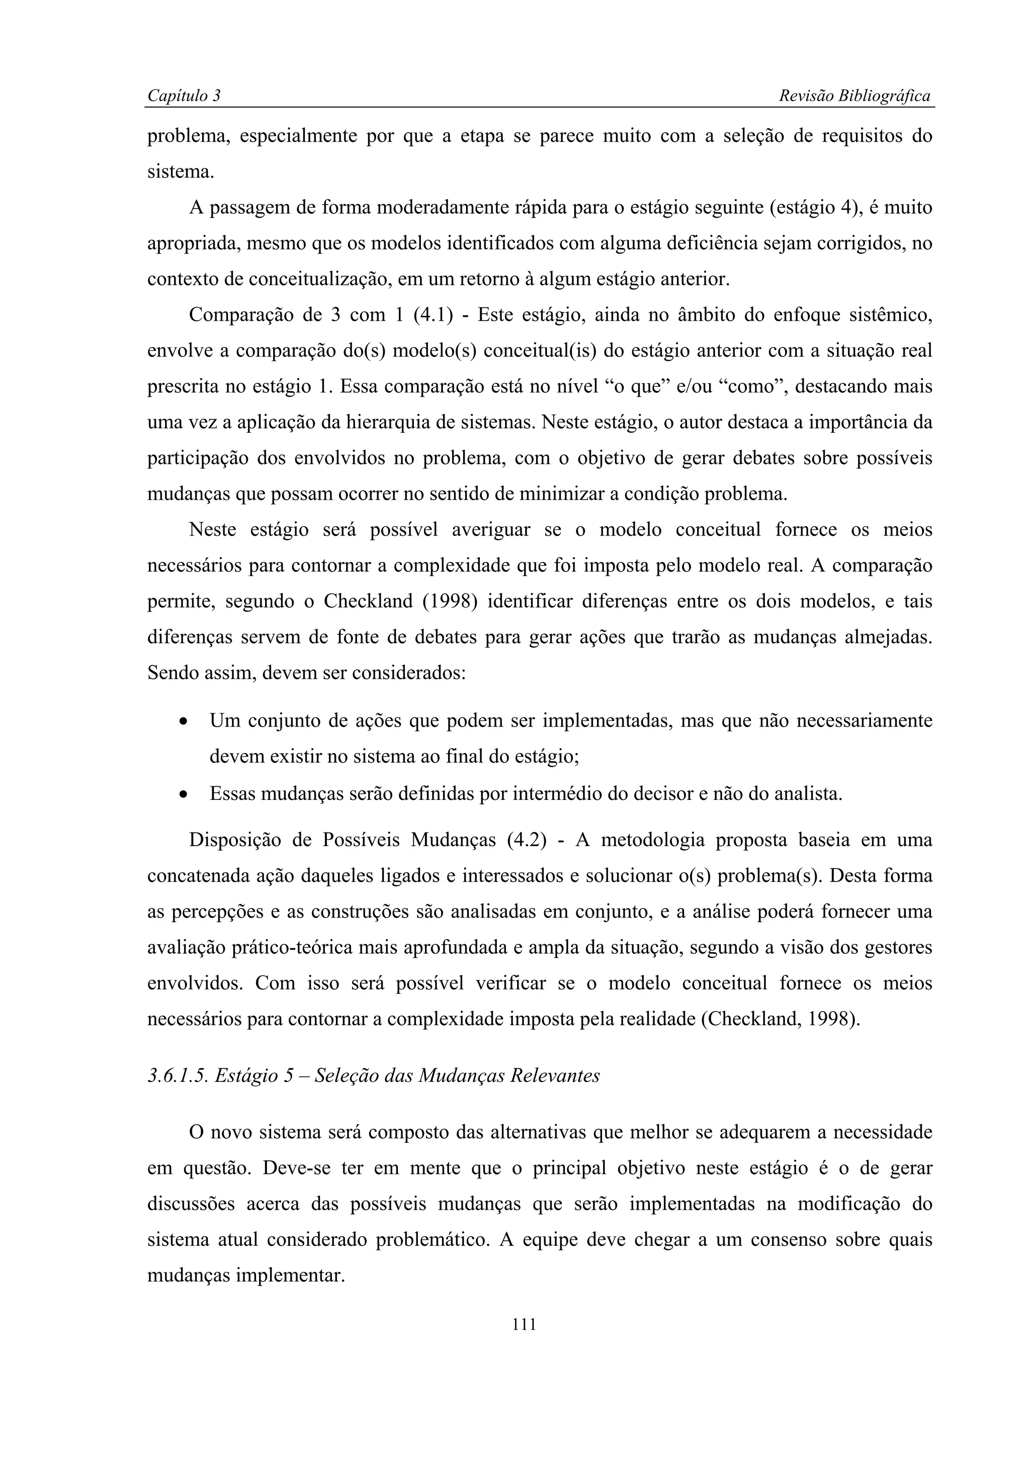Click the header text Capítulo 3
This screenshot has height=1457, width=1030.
tap(184, 96)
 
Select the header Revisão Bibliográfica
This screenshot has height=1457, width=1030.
tap(854, 96)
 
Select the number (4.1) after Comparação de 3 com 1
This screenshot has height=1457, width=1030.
tap(433, 315)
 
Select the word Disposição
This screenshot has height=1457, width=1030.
tap(233, 840)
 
